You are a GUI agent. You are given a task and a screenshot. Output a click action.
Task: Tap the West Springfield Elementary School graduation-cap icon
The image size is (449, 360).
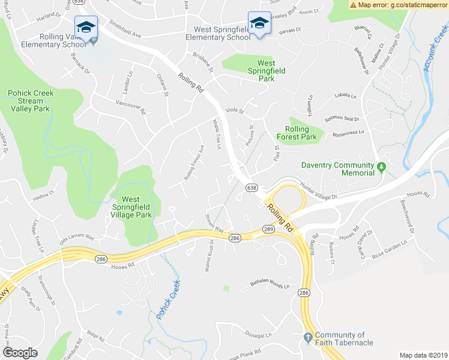(x=259, y=23)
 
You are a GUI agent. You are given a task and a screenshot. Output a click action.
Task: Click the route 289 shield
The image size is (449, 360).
(x=268, y=229)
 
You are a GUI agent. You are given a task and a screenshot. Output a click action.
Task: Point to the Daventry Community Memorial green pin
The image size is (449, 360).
(x=381, y=166)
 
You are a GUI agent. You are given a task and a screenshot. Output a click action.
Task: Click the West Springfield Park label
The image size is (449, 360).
(x=258, y=70)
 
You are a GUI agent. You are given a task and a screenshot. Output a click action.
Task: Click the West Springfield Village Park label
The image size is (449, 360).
(x=136, y=207)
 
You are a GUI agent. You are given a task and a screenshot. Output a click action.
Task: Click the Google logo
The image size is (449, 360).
(x=20, y=352)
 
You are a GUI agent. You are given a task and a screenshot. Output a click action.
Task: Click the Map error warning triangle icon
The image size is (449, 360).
(x=353, y=5)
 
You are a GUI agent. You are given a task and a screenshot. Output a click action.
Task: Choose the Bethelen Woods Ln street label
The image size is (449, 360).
(x=270, y=284)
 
